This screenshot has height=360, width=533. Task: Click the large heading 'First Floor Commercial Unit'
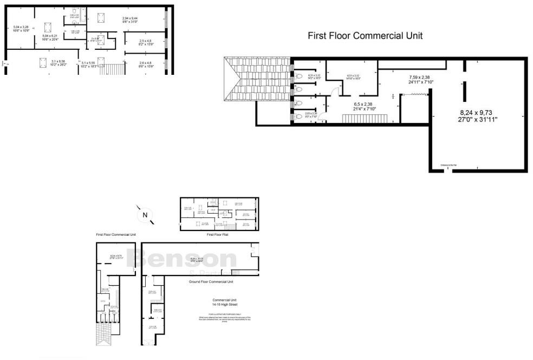click(365, 36)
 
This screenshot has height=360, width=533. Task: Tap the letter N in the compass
click(145, 215)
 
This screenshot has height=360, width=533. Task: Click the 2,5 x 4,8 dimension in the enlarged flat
click(145, 42)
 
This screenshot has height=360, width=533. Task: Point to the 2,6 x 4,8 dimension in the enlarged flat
click(145, 65)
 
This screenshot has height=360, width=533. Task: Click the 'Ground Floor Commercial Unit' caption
click(211, 282)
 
